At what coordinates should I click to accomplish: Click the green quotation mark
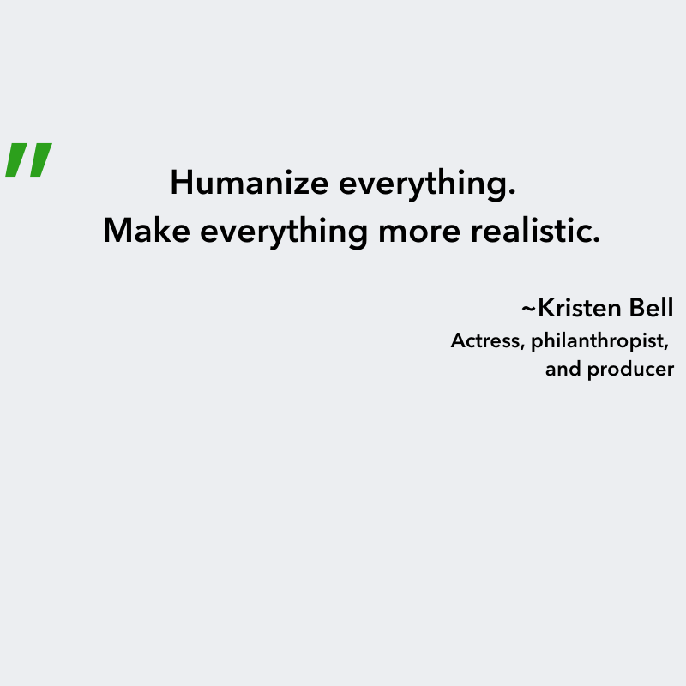(28, 159)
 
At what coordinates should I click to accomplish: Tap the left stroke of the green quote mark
(16, 159)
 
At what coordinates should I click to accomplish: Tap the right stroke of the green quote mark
(39, 159)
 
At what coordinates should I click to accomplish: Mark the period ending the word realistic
(596, 240)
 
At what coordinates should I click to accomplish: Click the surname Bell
(651, 308)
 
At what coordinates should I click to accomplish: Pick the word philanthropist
(597, 341)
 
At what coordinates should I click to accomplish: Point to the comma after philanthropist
(666, 347)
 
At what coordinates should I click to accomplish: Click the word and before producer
(562, 370)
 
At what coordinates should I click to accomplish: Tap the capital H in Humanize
(179, 183)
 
